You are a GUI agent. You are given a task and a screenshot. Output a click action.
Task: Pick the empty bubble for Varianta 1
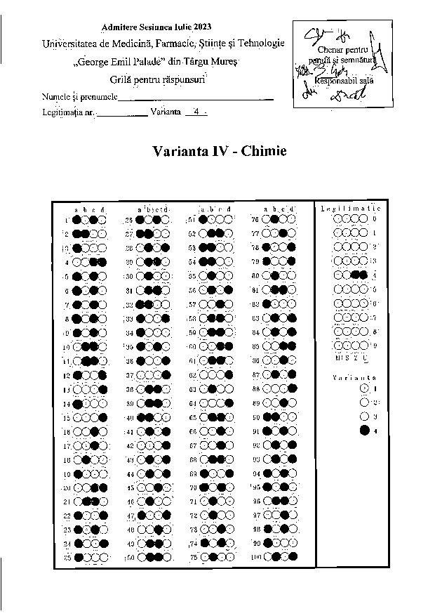[x=363, y=387]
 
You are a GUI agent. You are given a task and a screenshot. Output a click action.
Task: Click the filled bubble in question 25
[x=79, y=557]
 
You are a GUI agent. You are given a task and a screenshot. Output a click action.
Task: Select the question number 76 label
[x=256, y=219]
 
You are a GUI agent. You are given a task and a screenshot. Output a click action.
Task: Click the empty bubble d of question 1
[x=103, y=220]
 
